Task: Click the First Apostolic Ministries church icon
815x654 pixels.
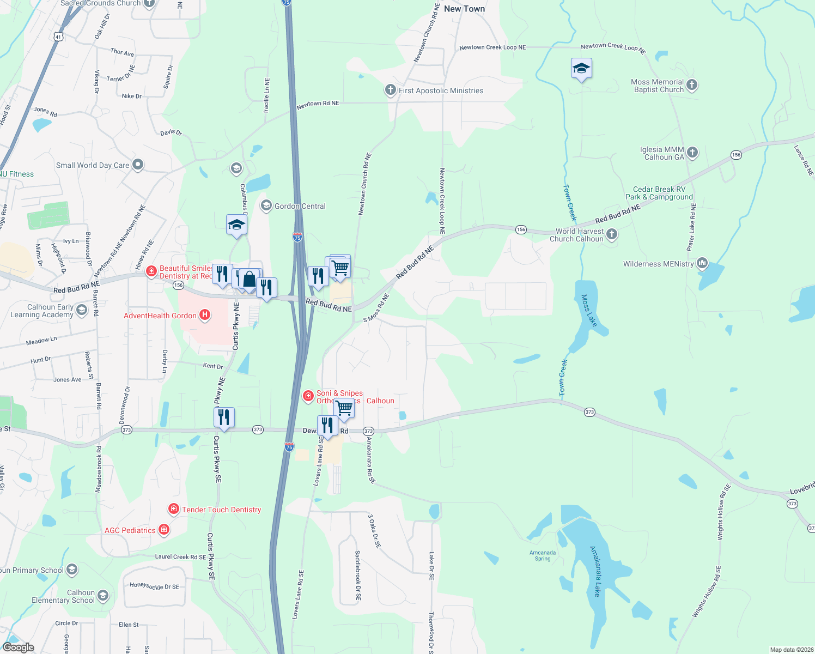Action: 390,90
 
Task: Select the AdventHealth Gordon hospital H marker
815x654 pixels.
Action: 205,314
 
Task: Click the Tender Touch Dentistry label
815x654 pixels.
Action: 221,510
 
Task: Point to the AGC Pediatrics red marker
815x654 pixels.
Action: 164,529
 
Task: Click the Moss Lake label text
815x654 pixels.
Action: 589,311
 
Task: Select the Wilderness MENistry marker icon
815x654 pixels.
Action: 702,263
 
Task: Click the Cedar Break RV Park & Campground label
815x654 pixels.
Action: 659,193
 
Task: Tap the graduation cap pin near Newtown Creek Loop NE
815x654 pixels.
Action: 581,69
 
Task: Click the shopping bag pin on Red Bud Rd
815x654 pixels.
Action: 249,280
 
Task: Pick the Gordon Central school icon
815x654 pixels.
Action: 266,205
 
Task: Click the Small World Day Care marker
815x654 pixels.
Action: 138,164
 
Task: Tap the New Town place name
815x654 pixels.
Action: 464,9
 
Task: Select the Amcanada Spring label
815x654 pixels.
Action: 543,555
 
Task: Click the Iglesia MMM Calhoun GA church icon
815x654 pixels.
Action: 692,153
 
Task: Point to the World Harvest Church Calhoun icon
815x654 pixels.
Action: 612,234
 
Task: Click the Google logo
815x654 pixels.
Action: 19,647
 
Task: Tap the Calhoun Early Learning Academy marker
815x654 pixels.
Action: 82,311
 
